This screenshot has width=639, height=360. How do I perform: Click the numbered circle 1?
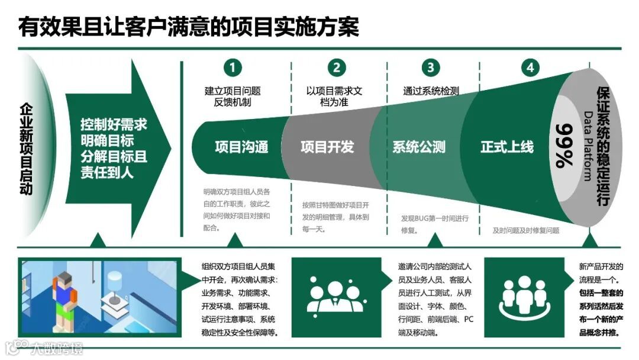[x=232, y=67]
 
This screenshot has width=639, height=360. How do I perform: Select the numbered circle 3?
[x=430, y=67]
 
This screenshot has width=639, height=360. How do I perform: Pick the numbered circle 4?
[x=530, y=67]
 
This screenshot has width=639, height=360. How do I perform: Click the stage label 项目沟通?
[x=241, y=147]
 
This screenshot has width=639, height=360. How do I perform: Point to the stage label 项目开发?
[x=327, y=147]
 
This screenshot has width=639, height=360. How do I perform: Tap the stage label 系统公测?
[x=419, y=147]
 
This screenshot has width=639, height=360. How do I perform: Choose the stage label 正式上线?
[x=507, y=147]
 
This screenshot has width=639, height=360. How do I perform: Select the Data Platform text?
[x=588, y=146]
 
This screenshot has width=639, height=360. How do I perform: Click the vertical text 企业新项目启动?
[x=26, y=149]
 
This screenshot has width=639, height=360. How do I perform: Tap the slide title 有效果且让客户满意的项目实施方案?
[x=188, y=26]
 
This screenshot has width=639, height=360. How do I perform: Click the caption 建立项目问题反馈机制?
[x=232, y=97]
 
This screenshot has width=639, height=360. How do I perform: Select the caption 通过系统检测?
[x=431, y=91]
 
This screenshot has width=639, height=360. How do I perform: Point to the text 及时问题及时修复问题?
[x=526, y=231]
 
